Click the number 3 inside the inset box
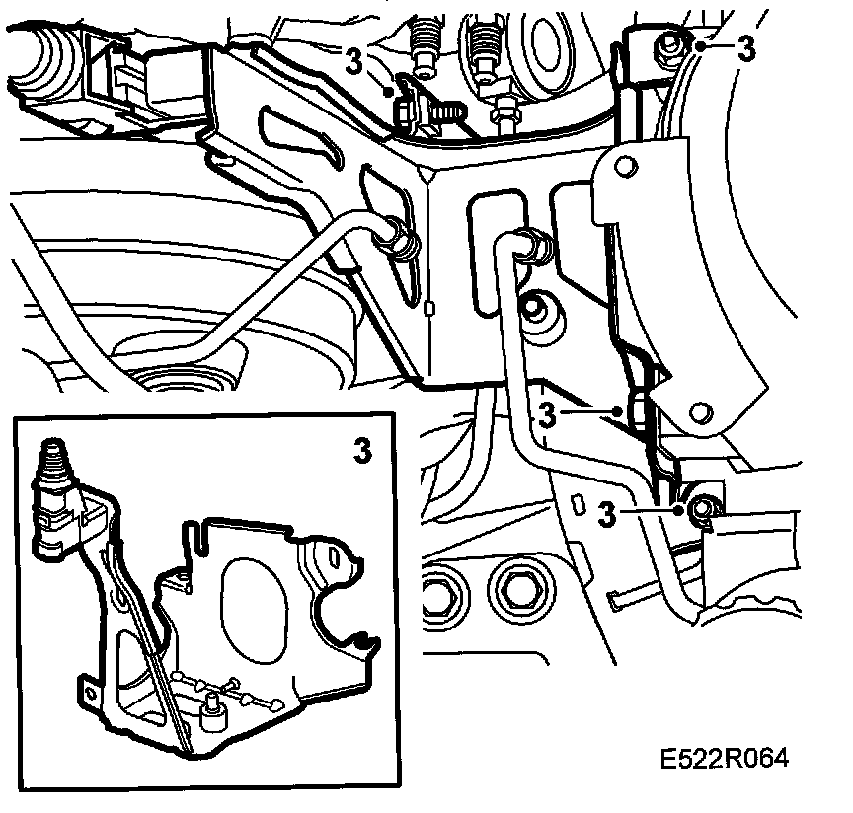pyautogui.click(x=361, y=451)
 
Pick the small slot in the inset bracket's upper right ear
pyautogui.click(x=336, y=561)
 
